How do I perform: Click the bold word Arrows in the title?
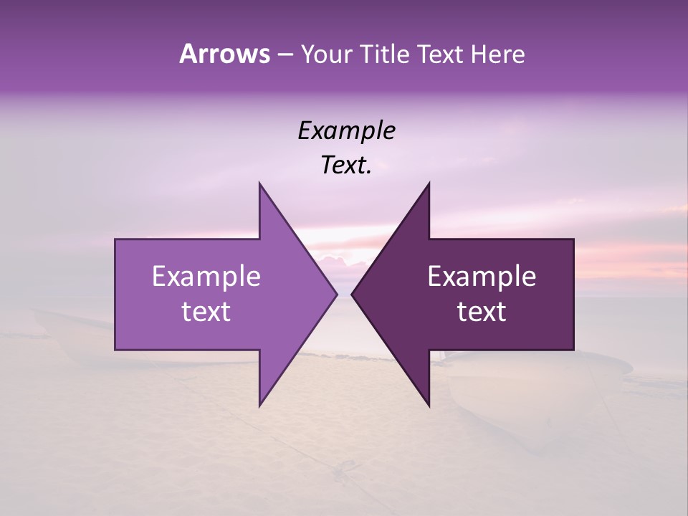coord(224,54)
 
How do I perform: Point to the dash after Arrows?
coord(284,54)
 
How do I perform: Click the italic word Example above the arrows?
coord(346,131)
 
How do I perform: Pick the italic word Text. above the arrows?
coord(346,166)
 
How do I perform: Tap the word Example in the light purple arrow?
coord(206,277)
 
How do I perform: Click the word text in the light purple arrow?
coord(206,312)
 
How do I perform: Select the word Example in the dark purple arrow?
coord(482,277)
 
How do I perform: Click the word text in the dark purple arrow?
coord(482,312)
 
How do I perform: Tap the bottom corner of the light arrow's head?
coord(259,405)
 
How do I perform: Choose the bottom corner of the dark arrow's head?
coord(429,405)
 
